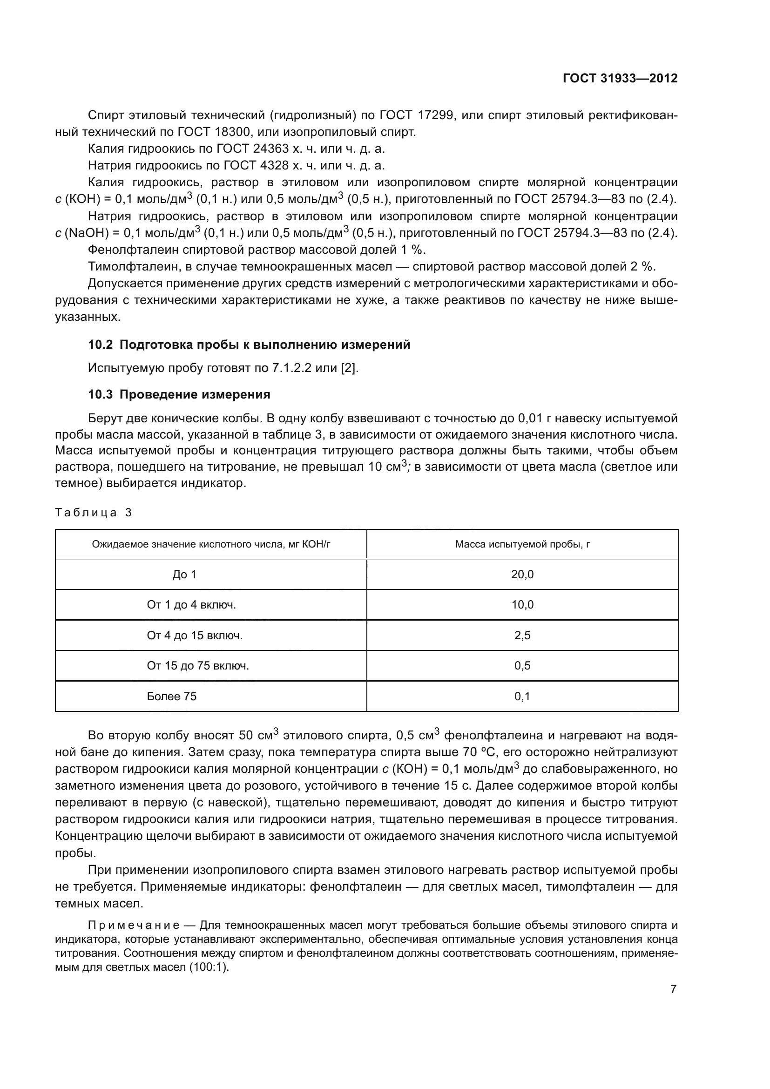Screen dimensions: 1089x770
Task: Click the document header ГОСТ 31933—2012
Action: pos(620,78)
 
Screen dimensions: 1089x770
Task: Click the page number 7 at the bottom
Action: pos(673,989)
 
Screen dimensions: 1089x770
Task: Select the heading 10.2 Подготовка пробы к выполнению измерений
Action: pos(249,345)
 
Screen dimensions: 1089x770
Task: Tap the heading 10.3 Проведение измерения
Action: pos(179,395)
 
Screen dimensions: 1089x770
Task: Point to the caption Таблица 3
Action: pos(94,512)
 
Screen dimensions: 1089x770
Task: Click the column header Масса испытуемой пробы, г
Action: pos(522,544)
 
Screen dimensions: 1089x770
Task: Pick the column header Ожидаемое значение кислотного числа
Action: pos(211,544)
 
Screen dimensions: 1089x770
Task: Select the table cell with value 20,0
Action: pos(522,575)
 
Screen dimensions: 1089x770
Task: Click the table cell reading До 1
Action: pos(184,575)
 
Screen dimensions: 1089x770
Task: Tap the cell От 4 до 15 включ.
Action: pos(195,636)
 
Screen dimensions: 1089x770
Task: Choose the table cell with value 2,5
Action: pos(522,636)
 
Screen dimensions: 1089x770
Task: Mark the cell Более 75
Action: pos(172,696)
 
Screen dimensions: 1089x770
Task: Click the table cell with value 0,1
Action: pos(522,696)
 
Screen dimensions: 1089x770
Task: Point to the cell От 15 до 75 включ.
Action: pos(198,666)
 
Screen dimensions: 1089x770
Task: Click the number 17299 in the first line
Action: pos(436,115)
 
